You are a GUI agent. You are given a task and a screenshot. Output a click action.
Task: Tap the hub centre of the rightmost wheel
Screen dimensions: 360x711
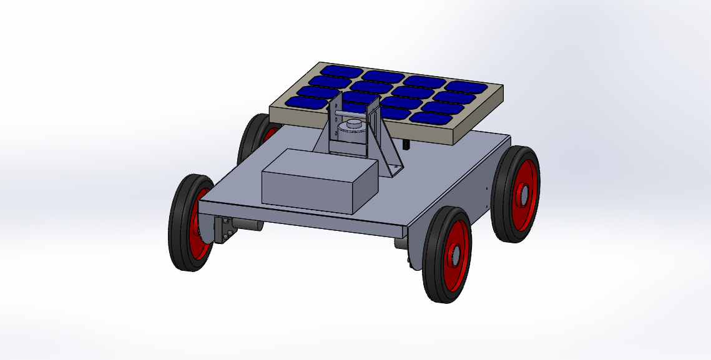pos(522,194)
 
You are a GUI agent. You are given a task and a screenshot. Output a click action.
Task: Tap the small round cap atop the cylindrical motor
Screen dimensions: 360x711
pos(355,123)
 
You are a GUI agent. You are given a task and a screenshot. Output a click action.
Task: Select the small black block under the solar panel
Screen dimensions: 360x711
pos(407,145)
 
